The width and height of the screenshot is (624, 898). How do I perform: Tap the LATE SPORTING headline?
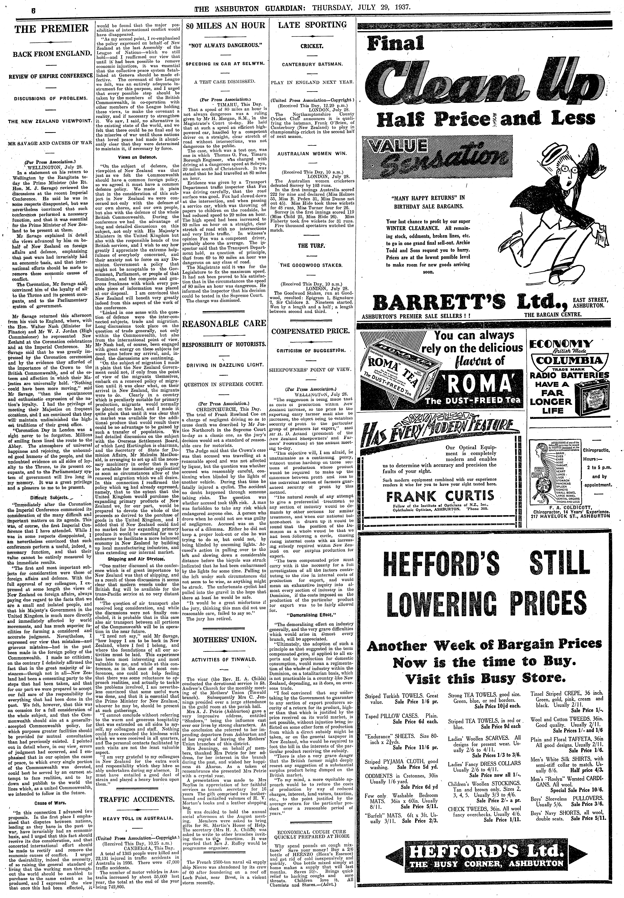pos(312,25)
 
